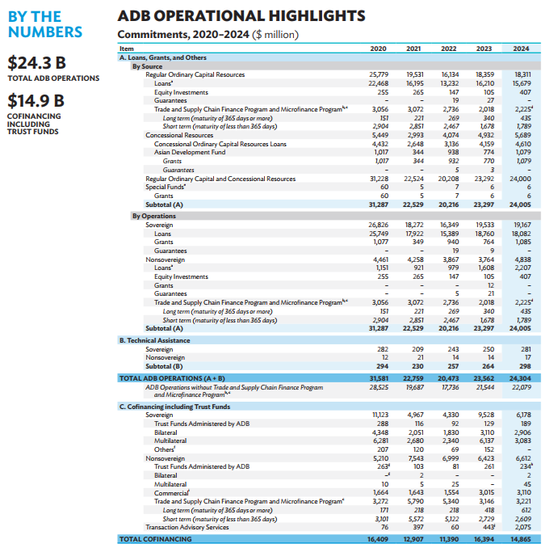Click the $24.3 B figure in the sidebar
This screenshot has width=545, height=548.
36,62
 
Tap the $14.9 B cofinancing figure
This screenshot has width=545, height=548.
36,102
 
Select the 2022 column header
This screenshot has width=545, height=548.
448,48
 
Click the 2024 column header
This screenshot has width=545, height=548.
521,48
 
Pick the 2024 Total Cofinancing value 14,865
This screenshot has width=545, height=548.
520,537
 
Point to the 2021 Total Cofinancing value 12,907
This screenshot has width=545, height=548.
413,537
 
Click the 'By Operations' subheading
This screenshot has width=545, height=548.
153,216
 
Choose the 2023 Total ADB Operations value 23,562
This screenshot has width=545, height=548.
484,377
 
